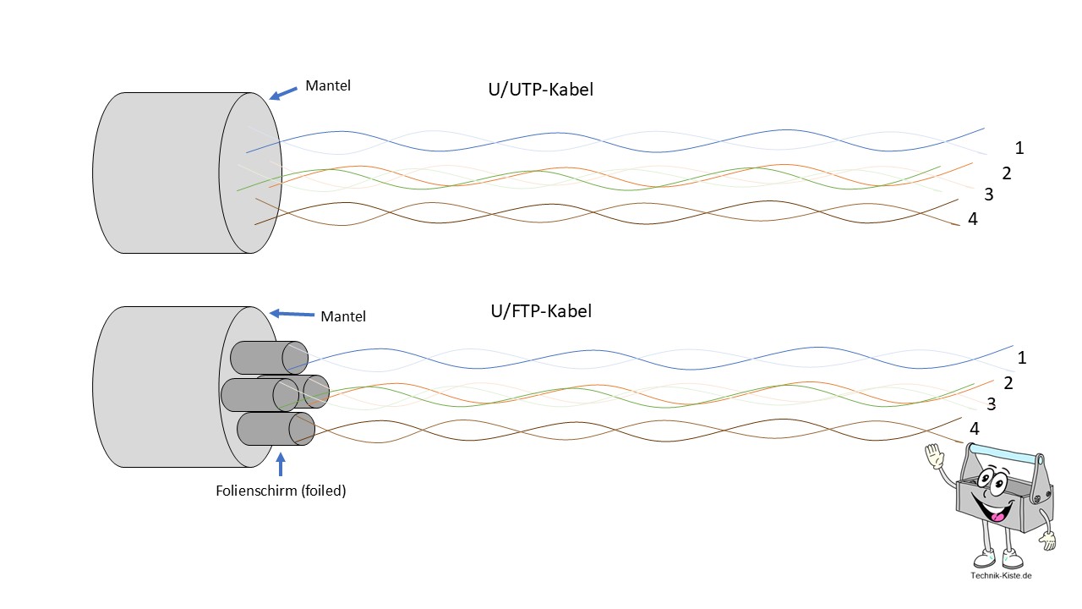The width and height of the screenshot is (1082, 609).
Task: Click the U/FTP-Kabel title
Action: (541, 310)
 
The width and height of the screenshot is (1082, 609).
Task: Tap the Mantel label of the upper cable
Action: (327, 85)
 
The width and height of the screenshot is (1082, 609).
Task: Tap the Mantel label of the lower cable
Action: (343, 316)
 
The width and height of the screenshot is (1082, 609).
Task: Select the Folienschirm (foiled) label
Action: (281, 490)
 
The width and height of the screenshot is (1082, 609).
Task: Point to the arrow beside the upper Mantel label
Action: (284, 91)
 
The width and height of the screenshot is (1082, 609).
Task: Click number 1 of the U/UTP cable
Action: (1019, 148)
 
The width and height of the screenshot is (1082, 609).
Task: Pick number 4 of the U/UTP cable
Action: (973, 219)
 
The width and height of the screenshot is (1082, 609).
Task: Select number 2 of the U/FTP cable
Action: (1008, 382)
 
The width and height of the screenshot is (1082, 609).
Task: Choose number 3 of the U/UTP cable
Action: (988, 195)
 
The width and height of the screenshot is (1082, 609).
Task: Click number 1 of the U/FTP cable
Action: (1022, 357)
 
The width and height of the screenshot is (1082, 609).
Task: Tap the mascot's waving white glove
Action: (934, 458)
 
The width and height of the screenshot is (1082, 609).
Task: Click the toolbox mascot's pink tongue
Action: (998, 513)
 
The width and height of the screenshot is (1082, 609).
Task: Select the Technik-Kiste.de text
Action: (1002, 576)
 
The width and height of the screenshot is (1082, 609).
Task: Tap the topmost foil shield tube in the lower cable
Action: (265, 356)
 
